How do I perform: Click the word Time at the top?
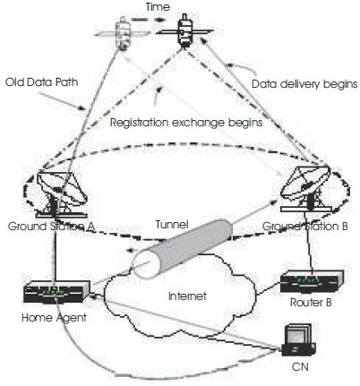point(158,6)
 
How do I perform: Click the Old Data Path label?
point(42,81)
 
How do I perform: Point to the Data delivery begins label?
point(304,84)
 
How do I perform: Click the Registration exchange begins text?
point(186,123)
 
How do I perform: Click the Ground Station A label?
point(51,227)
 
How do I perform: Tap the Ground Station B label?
point(305,227)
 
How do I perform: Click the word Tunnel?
point(172,224)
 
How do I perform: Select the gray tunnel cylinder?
point(182,249)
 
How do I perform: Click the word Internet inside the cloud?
point(187,296)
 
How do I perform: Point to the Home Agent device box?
point(56,292)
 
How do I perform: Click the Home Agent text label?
point(54,317)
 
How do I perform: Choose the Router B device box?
point(312,281)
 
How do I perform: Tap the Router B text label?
point(311,303)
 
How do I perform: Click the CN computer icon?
point(298,340)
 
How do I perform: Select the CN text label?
point(300,366)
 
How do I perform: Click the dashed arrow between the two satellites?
point(148,20)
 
